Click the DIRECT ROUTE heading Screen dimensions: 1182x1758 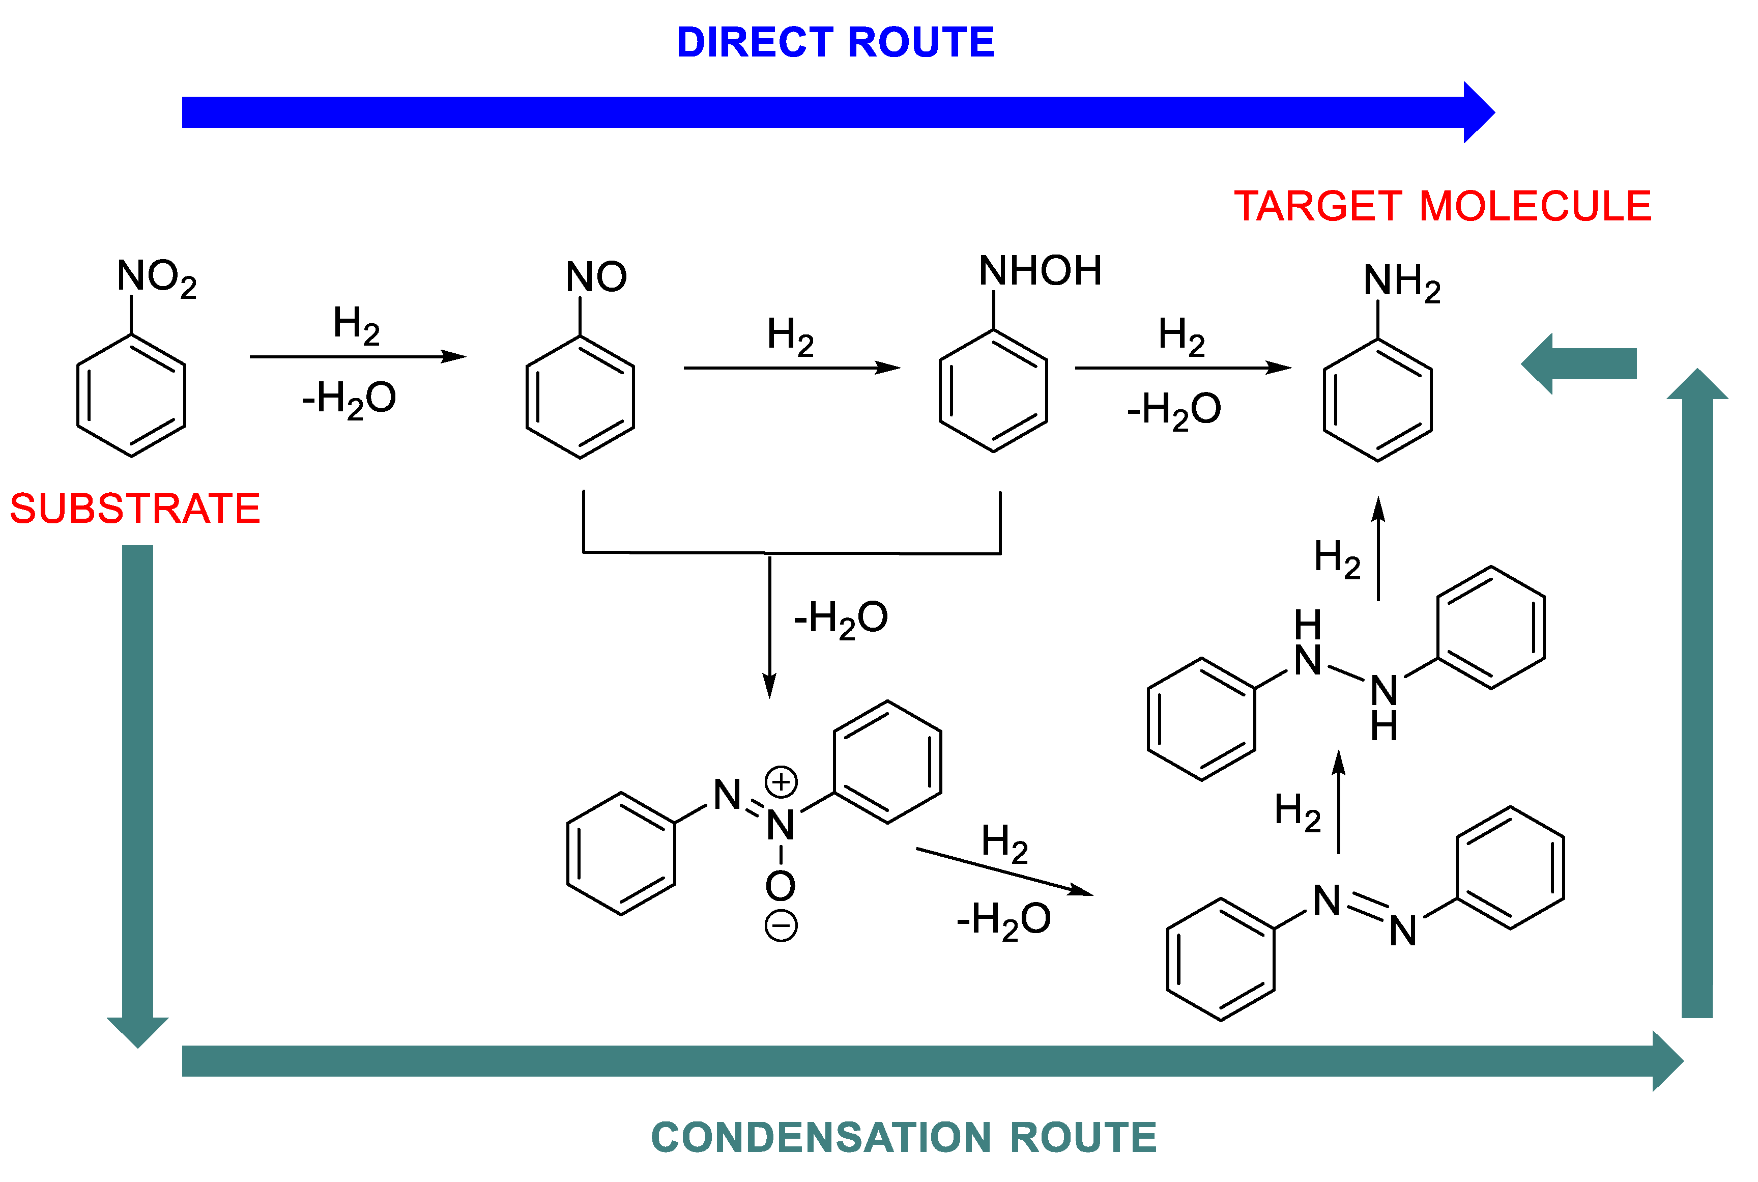point(835,42)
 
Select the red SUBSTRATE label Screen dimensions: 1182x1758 point(135,508)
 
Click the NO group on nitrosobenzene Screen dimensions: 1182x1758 point(595,276)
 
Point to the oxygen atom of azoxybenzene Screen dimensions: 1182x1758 point(781,886)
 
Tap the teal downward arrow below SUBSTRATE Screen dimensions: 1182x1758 point(137,792)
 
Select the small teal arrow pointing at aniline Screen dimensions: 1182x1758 point(1579,364)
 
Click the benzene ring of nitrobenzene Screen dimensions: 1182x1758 point(131,396)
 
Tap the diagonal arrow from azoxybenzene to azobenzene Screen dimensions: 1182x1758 point(1004,871)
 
